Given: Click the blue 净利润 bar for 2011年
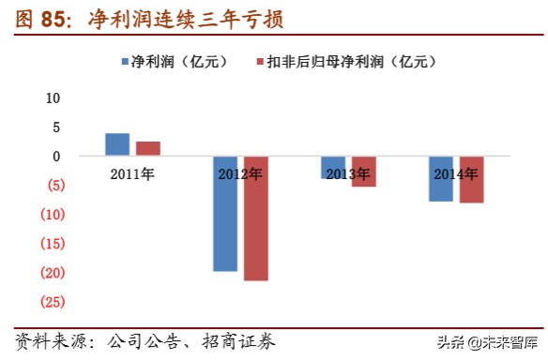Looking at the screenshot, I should coord(117,144).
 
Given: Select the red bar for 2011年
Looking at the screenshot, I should coord(147,148).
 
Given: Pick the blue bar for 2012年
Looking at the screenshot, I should coord(225,214).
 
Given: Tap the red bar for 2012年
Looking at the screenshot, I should coord(255,218).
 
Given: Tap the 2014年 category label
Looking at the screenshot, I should coord(456,173).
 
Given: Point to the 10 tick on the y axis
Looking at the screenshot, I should coord(53,97).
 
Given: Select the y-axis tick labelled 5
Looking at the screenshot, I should coord(55,127).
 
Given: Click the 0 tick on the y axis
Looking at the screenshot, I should coord(55,156).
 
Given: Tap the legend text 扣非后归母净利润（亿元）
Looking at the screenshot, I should coord(353,62).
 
